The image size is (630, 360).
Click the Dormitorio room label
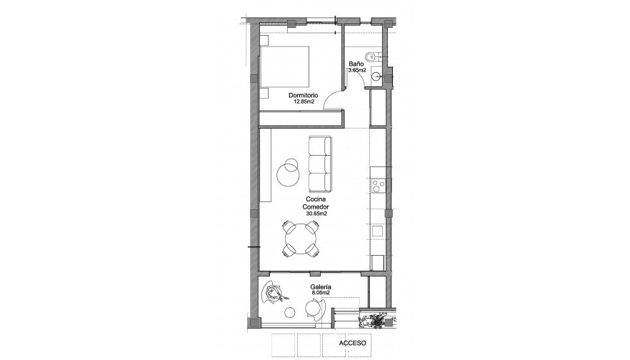coord(304,95)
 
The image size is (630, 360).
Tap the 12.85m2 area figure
coord(304,101)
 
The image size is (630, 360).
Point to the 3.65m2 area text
coord(356,71)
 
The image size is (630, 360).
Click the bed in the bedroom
coord(284,69)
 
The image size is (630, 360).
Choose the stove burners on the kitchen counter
coord(378,186)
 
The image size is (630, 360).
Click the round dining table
coord(301,239)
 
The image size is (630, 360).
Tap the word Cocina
coord(316,199)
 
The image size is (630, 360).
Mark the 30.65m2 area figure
coord(316,213)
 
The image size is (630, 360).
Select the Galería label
coord(320,286)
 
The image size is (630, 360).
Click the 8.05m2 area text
coord(320,293)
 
